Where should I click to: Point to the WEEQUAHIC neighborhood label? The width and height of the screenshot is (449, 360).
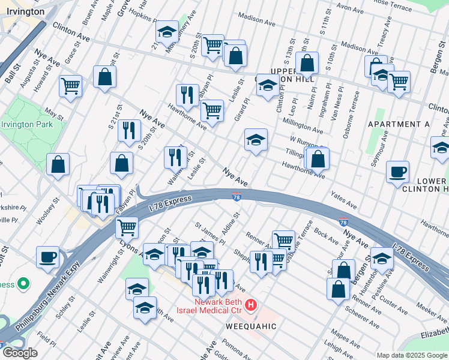pos(251,326)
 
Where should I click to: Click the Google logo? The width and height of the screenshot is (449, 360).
pos(19,353)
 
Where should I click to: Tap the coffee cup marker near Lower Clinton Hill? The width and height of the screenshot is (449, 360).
pos(397,173)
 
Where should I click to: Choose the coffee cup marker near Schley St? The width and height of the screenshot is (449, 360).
pos(47,257)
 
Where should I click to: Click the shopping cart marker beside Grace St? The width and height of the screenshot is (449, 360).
pos(70,86)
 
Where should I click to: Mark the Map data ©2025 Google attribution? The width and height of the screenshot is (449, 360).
pos(411,355)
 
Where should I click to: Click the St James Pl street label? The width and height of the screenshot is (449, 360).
pos(209,233)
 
